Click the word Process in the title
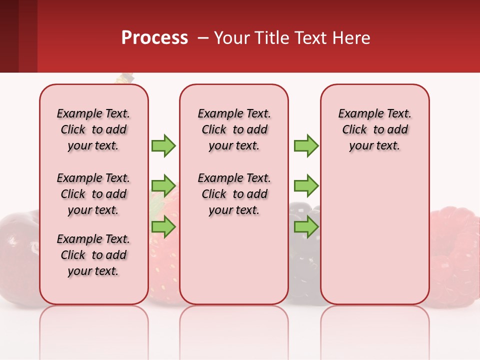(154, 38)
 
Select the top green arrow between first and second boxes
(163, 145)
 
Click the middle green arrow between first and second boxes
(163, 186)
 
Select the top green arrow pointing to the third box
(306, 145)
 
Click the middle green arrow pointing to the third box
(306, 186)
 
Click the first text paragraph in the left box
(93, 129)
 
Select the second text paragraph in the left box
(93, 194)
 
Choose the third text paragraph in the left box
(93, 255)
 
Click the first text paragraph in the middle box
(234, 129)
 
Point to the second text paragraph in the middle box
(234, 194)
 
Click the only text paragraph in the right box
(374, 129)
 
